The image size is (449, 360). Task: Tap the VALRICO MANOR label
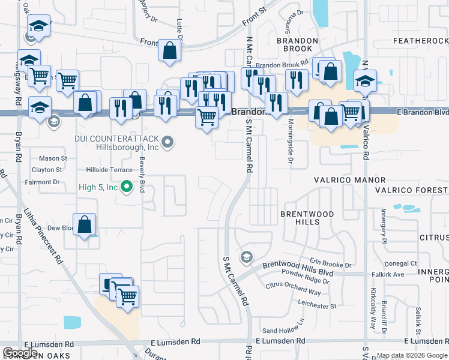pyautogui.click(x=350, y=180)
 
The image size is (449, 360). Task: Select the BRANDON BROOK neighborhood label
pyautogui.click(x=294, y=44)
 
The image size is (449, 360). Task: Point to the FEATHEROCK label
pyautogui.click(x=420, y=41)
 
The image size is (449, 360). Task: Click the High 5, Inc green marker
pyautogui.click(x=126, y=187)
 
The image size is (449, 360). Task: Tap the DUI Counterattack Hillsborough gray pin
pyautogui.click(x=168, y=142)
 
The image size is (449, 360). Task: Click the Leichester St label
pyautogui.click(x=317, y=305)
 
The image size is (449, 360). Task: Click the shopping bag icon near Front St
pyautogui.click(x=170, y=52)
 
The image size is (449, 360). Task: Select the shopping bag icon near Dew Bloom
pyautogui.click(x=85, y=225)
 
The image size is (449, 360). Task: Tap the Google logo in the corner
pyautogui.click(x=20, y=353)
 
